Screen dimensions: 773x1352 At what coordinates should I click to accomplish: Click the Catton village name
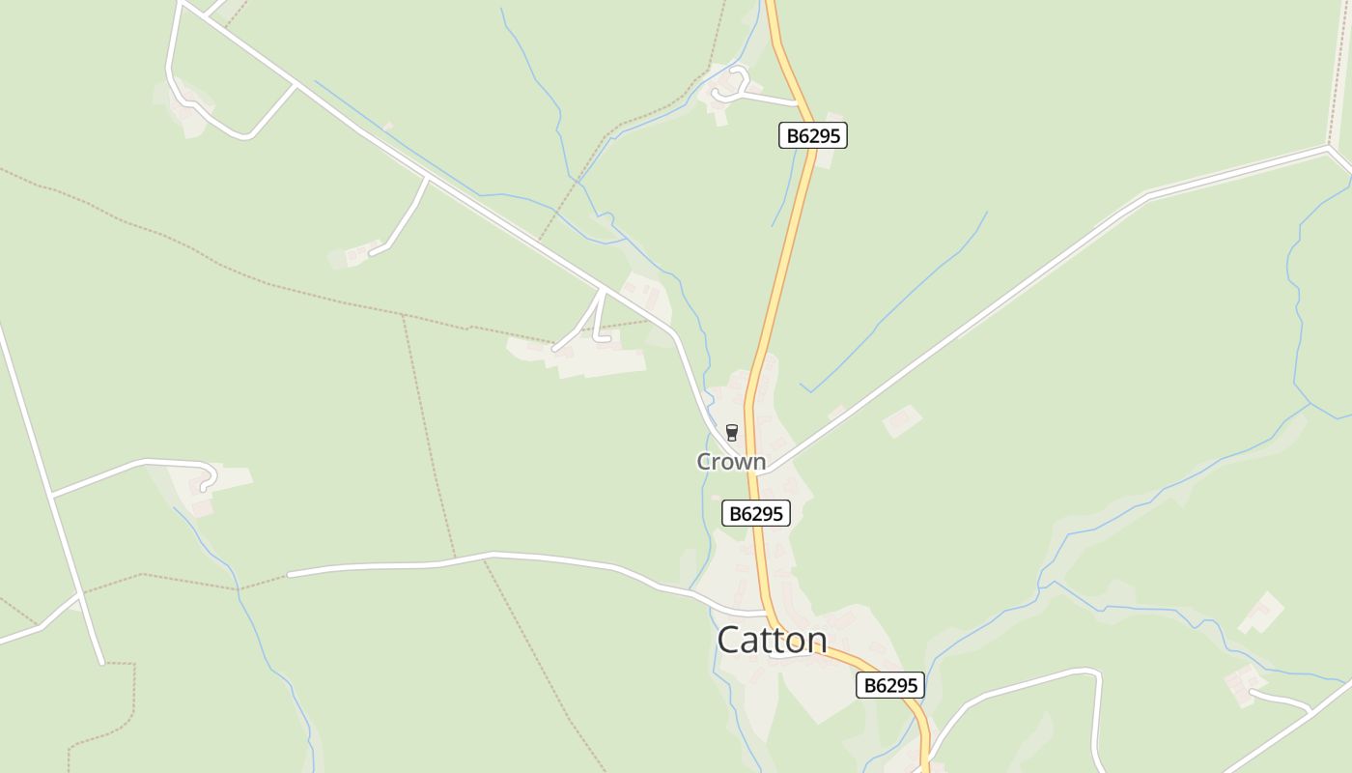tap(772, 640)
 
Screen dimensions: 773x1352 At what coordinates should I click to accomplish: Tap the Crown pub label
tap(731, 462)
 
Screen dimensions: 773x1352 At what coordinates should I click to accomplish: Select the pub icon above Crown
tap(731, 432)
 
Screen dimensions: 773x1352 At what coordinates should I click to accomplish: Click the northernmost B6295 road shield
tap(813, 136)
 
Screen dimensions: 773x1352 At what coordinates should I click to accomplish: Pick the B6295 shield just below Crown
tap(756, 513)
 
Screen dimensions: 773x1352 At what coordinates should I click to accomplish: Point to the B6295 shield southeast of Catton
tap(890, 685)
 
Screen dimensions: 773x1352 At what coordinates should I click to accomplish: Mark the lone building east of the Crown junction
tap(902, 420)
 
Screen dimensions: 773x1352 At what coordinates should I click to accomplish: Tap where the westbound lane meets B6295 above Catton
tap(767, 613)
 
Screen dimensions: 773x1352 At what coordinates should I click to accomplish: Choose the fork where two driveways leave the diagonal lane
tap(602, 289)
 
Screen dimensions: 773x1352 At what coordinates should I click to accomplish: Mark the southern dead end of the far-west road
tap(101, 663)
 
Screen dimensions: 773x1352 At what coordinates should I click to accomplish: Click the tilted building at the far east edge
tap(1261, 612)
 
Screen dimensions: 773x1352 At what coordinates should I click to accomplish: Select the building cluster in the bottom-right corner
tap(1244, 684)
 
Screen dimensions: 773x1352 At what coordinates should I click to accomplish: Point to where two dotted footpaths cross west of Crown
tap(405, 316)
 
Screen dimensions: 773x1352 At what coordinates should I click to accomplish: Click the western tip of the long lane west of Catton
tap(290, 575)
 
